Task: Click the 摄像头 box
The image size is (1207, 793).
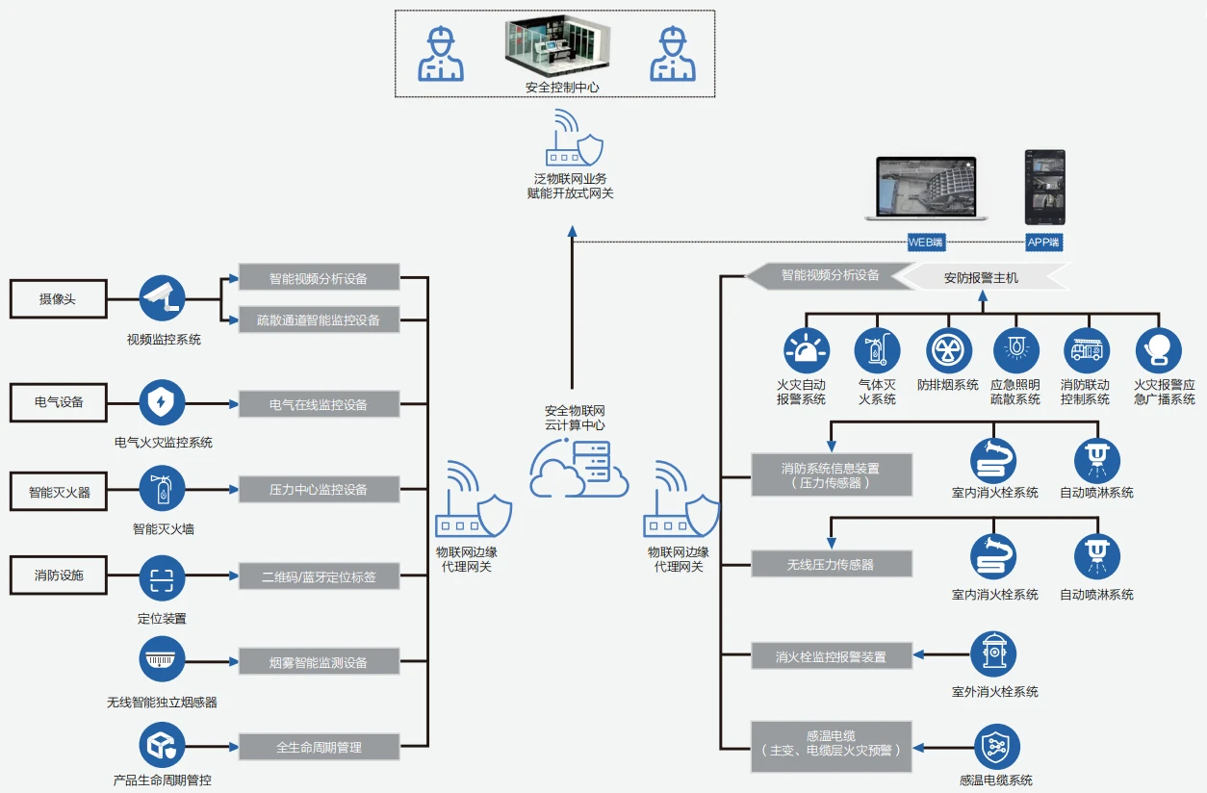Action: point(58,299)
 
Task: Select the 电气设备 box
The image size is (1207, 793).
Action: point(58,402)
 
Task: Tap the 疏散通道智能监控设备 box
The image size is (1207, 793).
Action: point(319,320)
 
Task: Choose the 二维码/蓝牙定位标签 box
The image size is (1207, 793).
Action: point(319,576)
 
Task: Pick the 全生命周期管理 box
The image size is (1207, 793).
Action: point(319,747)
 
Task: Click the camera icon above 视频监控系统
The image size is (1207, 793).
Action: point(162,299)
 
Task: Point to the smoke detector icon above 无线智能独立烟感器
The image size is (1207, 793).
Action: point(162,660)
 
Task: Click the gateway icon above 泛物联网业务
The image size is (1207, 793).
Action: point(575,140)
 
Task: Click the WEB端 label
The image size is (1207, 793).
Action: point(926,243)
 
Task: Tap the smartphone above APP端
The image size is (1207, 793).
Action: point(1044,187)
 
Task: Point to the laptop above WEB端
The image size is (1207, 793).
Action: point(927,189)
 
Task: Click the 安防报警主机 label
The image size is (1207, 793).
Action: point(981,277)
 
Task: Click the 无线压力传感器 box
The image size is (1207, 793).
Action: point(831,565)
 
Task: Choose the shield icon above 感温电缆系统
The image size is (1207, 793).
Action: point(996,748)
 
